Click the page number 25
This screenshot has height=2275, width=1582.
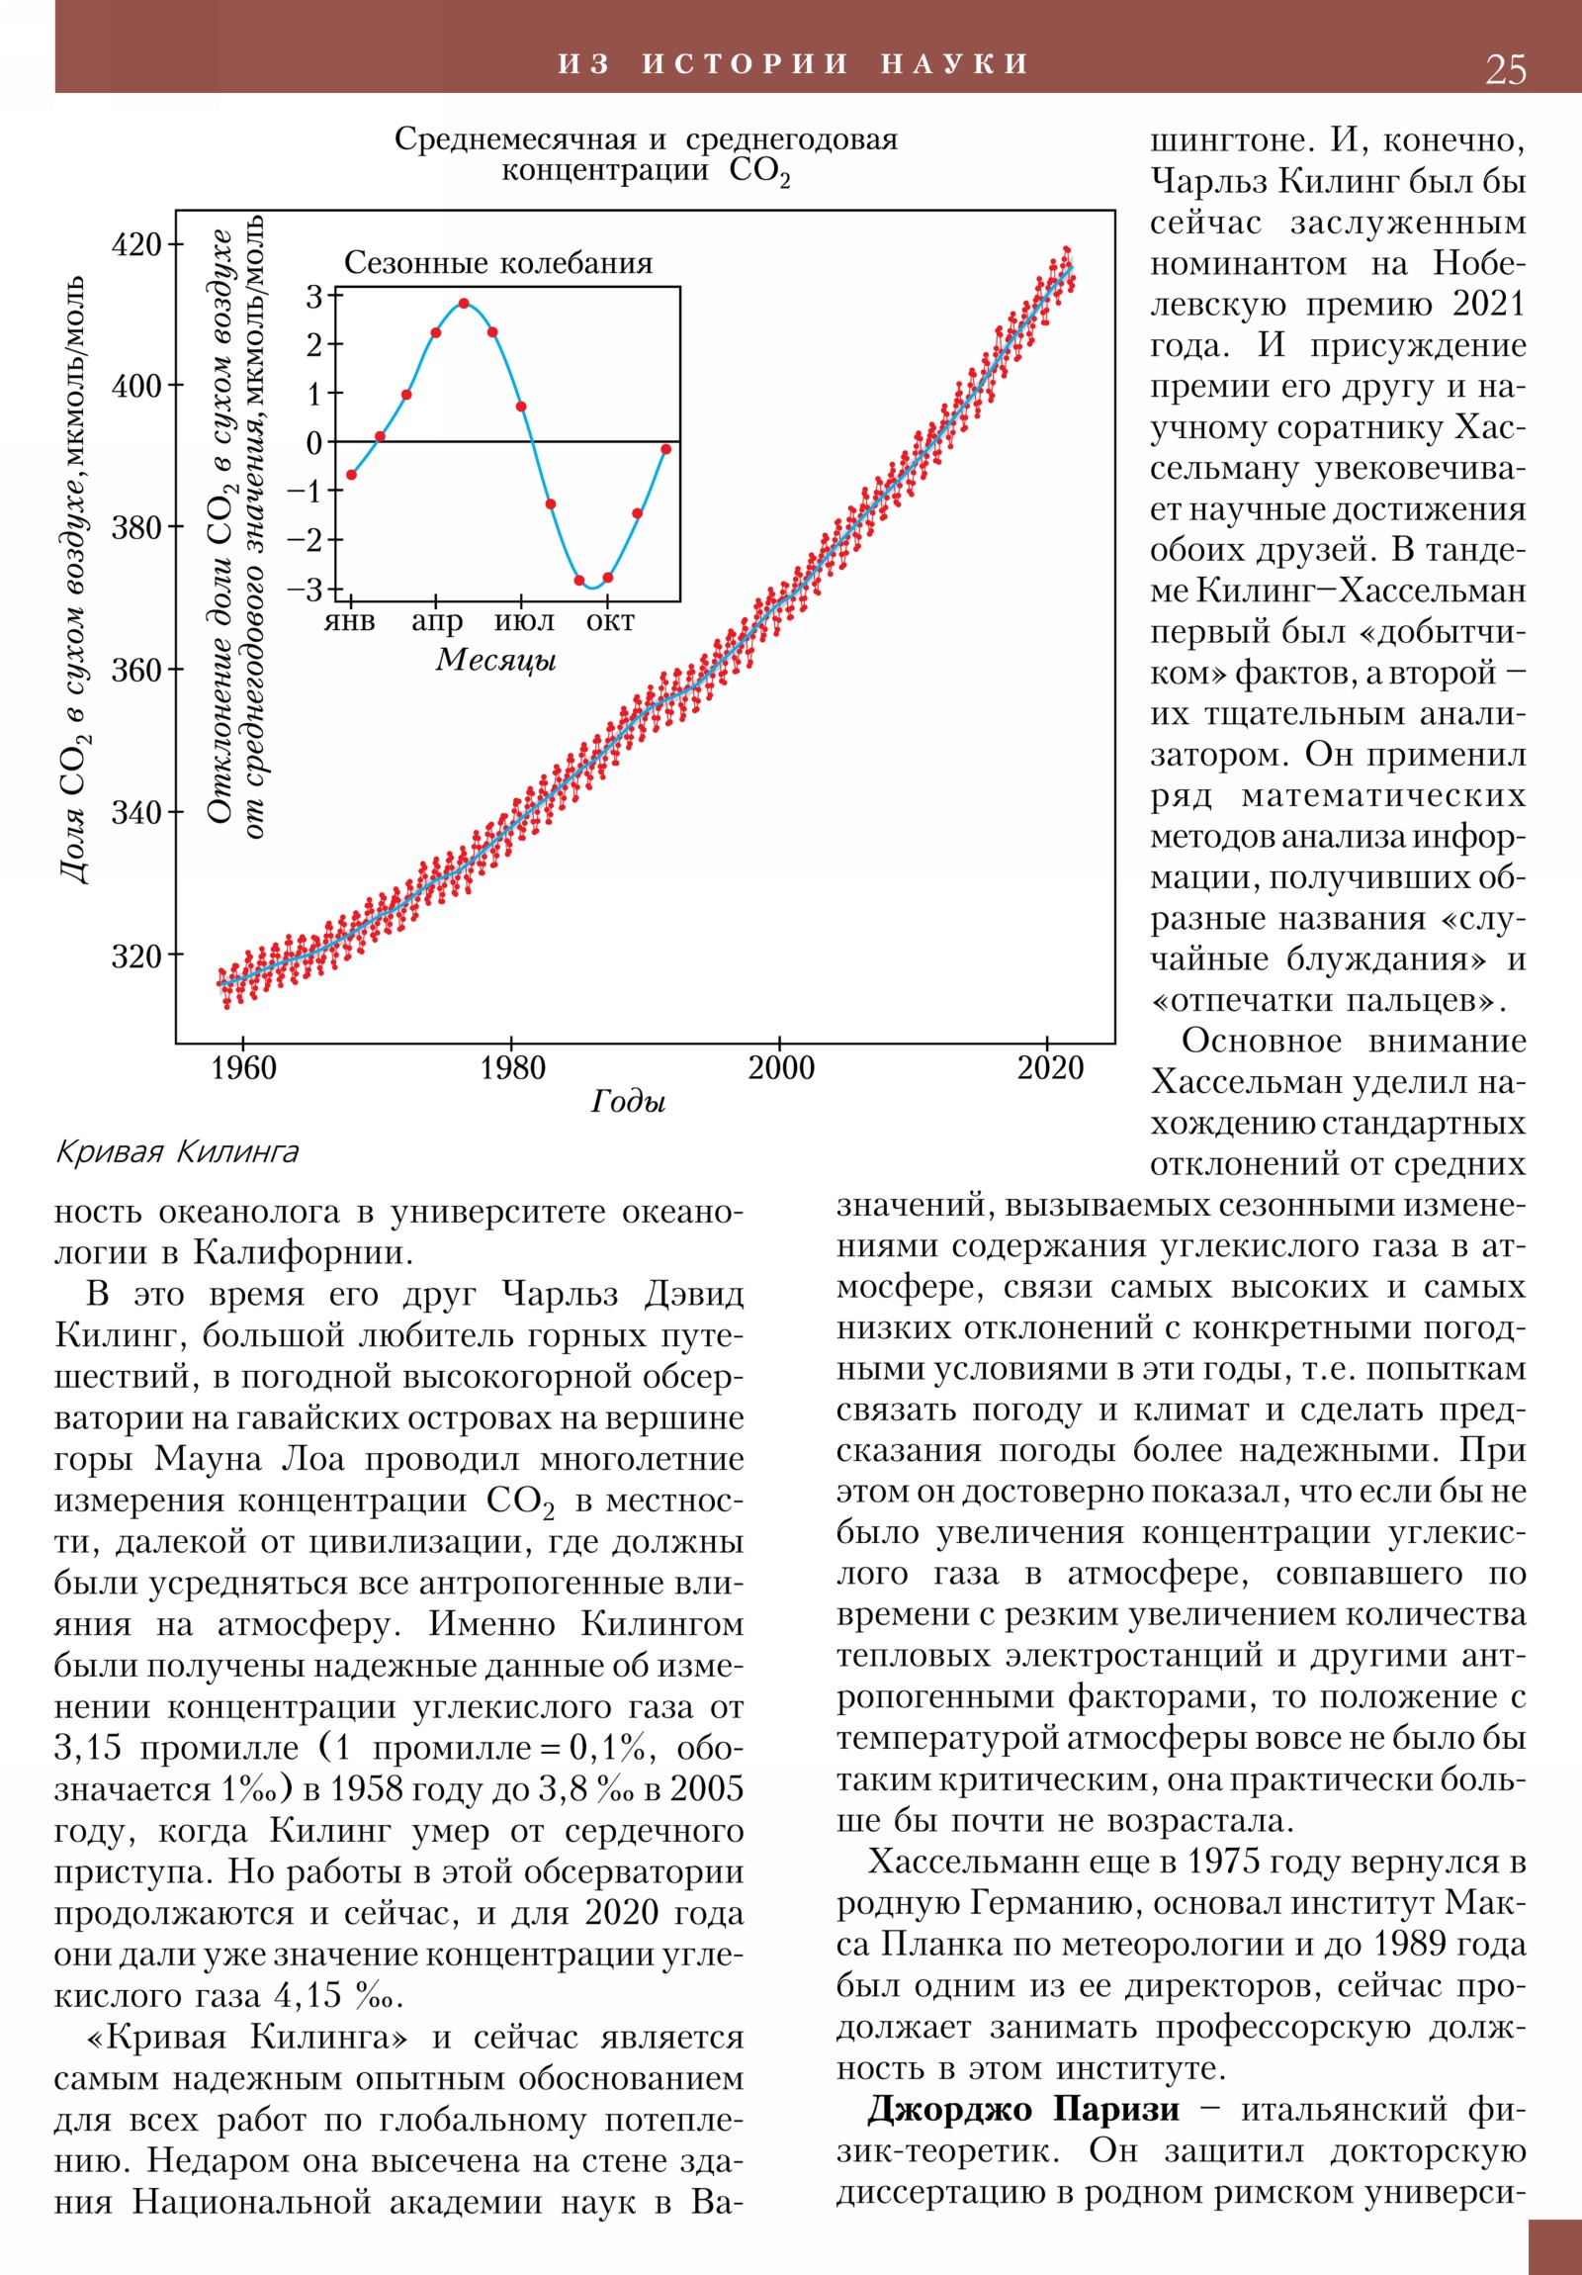pos(1505,69)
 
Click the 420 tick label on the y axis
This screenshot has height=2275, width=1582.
pos(135,244)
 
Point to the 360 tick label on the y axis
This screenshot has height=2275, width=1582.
pos(135,671)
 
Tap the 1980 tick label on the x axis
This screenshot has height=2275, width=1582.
pos(512,1068)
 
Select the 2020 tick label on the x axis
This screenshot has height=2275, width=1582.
pos(1050,1068)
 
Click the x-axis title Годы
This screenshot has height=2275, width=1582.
pos(628,1101)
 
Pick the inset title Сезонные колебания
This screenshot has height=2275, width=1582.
pos(498,263)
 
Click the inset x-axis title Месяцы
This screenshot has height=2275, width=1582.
pos(495,660)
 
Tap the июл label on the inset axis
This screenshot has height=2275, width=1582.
pos(524,621)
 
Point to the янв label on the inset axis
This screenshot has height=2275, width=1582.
pos(350,621)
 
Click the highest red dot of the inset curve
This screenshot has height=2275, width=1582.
pos(464,304)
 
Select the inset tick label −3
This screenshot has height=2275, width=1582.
pos(306,590)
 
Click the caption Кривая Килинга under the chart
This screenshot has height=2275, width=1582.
pos(177,1152)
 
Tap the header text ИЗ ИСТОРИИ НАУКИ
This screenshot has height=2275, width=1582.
pos(793,64)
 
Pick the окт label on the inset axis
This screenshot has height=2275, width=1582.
pos(610,621)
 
